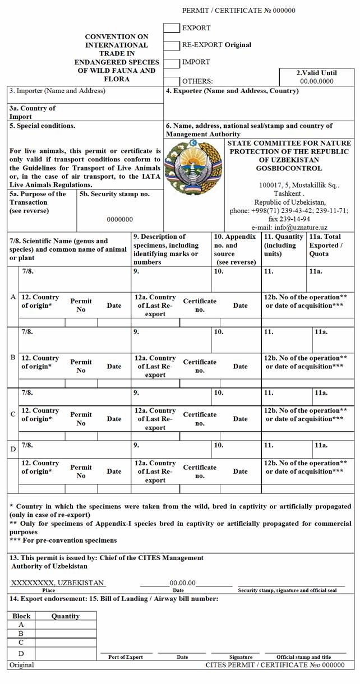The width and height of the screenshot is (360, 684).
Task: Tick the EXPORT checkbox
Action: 172,28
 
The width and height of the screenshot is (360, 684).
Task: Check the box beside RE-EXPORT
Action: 172,45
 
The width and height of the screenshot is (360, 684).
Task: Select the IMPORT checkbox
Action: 172,62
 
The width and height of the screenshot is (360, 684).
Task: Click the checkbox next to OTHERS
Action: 172,81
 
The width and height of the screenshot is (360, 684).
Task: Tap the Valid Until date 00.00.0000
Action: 317,81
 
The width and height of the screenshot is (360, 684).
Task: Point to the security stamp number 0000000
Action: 120,220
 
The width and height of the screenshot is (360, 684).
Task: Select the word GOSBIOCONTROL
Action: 289,168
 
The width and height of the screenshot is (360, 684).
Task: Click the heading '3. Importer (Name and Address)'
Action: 57,91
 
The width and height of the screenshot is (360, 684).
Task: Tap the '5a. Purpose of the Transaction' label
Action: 38,202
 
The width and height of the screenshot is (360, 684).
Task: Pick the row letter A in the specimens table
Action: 13,297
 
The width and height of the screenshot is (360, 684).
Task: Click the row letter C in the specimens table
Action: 13,415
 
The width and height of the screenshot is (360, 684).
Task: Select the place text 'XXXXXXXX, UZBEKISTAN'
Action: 57,583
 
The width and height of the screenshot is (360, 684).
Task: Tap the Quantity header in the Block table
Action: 66,616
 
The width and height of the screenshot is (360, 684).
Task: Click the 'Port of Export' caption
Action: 126,657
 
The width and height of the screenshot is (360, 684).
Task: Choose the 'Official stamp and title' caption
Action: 303,657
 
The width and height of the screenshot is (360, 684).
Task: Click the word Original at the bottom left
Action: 21,665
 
